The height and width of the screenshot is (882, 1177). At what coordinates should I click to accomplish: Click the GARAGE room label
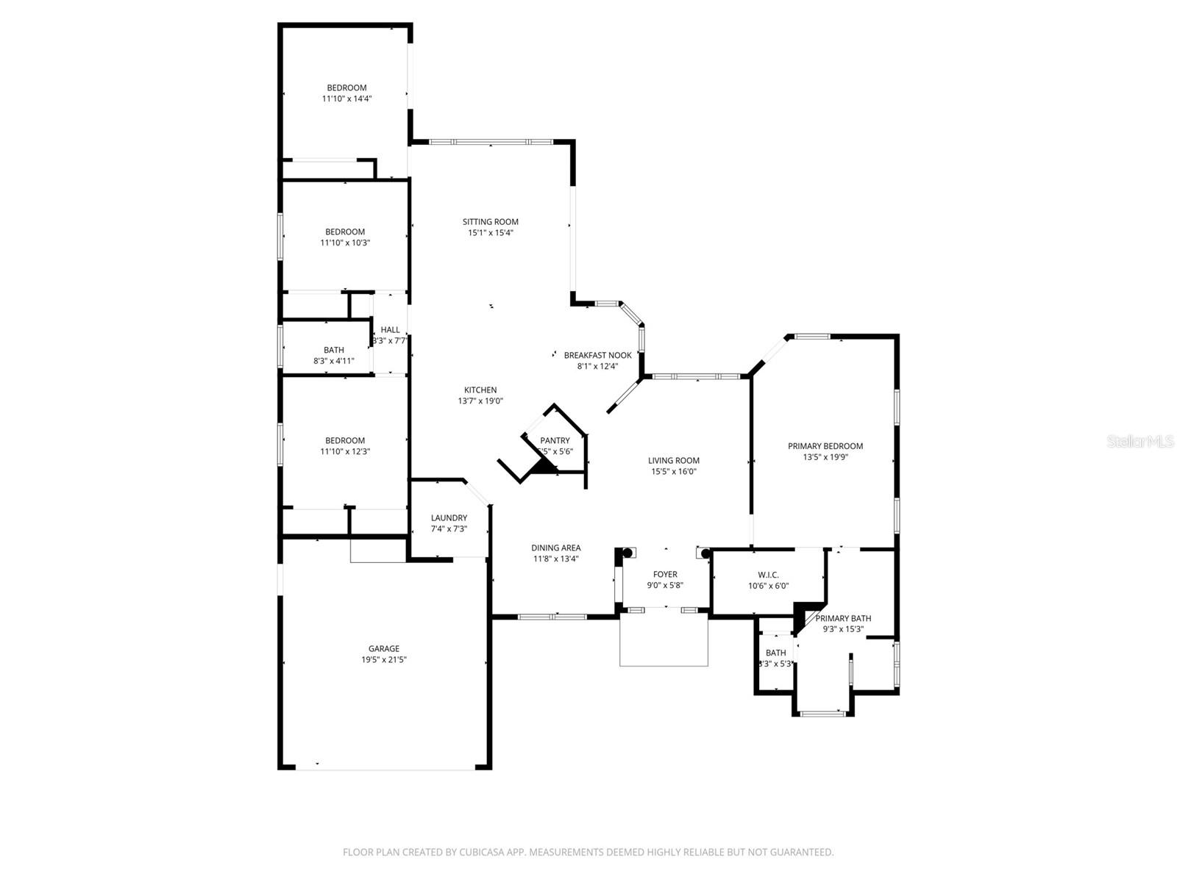click(384, 648)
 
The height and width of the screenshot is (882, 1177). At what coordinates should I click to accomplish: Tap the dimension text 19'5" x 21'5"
click(384, 659)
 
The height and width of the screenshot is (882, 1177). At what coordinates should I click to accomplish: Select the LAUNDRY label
click(449, 517)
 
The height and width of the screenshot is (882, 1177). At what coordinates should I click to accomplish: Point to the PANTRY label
click(555, 440)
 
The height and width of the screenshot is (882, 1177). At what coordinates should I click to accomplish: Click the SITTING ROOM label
click(490, 221)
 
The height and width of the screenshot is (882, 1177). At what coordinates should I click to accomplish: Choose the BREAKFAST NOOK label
click(597, 355)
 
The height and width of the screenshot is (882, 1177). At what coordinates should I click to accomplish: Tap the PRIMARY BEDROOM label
click(825, 445)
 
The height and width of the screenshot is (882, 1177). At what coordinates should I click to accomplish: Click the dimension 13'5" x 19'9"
click(825, 456)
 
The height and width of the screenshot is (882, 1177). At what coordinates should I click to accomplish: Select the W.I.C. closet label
click(768, 575)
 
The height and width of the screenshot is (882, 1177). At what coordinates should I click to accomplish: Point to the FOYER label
click(665, 574)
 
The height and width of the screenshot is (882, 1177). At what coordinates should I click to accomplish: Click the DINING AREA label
click(556, 548)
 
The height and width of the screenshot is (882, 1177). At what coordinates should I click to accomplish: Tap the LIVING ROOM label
click(673, 460)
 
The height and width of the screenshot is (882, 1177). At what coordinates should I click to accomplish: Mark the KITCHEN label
click(480, 390)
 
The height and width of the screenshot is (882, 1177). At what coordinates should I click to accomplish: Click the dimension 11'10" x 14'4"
click(346, 98)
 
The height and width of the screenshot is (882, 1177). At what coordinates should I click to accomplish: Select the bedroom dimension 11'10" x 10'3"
click(345, 243)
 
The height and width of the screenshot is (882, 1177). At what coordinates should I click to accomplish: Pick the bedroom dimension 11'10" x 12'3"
click(345, 451)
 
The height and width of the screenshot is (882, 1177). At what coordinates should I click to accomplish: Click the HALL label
click(390, 330)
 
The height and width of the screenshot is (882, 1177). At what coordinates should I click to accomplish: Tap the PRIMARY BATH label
click(843, 618)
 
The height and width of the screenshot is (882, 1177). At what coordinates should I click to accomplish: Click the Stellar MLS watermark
click(1140, 442)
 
